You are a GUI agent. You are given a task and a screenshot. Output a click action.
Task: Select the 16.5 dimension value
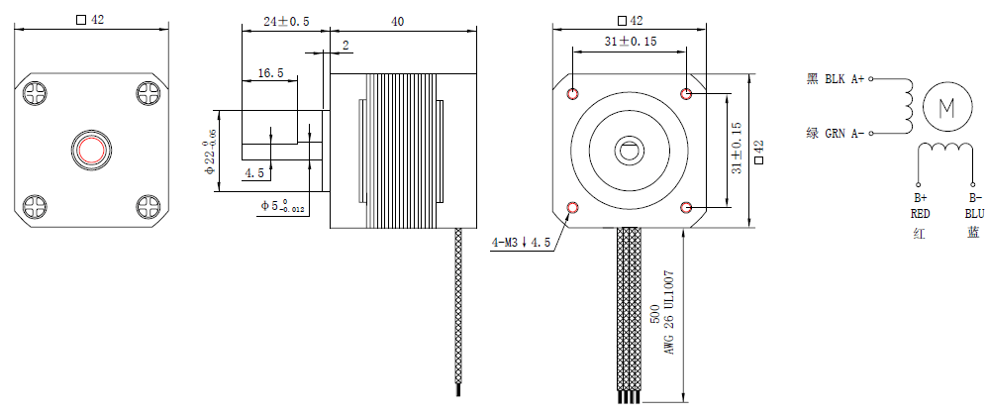click(270, 73)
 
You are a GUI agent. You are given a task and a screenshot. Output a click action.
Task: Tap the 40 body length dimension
click(398, 21)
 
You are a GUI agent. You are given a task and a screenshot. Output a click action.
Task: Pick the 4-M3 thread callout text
click(520, 243)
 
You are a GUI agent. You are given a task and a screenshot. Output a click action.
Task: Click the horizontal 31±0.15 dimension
click(631, 41)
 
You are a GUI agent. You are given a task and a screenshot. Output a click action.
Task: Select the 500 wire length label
click(654, 315)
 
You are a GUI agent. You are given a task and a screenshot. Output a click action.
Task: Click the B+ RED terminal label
click(920, 205)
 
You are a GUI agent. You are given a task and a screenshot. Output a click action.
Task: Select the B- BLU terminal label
click(974, 205)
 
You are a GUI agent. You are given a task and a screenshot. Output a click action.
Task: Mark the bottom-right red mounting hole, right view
click(688, 208)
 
